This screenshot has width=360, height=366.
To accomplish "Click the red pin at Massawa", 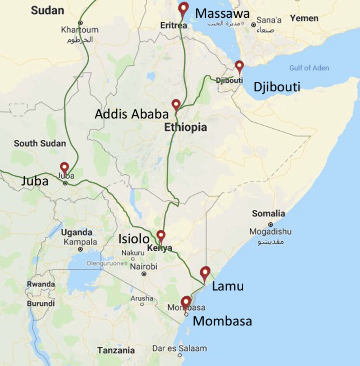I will (x=184, y=8).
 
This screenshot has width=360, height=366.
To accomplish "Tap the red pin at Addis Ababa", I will (x=176, y=105).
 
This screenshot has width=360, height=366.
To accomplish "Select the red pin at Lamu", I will (x=205, y=272).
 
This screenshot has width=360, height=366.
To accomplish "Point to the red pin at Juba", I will (x=64, y=167).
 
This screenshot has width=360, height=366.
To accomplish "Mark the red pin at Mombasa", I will (x=186, y=302).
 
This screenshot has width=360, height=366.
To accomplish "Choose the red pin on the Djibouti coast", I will (x=239, y=66).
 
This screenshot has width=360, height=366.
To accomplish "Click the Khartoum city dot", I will (x=80, y=22).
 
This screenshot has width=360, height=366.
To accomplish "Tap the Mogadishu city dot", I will (x=270, y=224).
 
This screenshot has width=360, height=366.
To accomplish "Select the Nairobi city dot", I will (x=144, y=274).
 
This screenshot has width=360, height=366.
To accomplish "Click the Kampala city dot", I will (x=80, y=249).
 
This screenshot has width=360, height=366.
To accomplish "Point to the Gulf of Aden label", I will (x=309, y=68).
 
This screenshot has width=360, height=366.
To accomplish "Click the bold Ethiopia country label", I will (x=185, y=128).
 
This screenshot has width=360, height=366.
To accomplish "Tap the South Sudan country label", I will (x=40, y=143).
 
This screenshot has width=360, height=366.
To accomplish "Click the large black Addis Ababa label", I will (x=131, y=114).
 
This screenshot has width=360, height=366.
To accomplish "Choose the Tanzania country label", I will (x=116, y=350).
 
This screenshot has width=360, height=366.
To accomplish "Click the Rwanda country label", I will (x=41, y=284).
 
